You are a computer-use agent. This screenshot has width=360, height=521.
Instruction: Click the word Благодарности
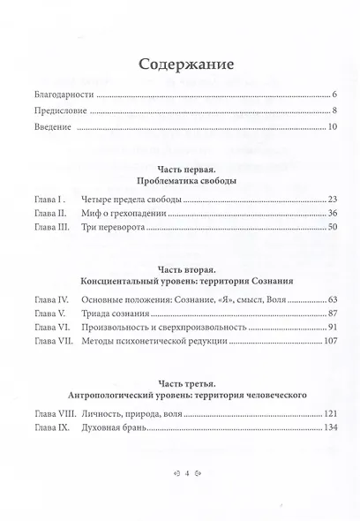[62, 94]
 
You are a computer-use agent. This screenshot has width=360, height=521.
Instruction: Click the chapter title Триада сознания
[118, 313]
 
